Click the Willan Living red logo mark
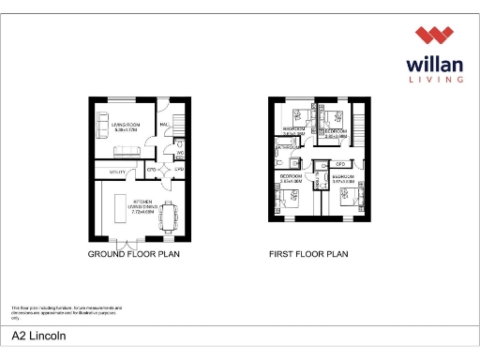(x=435, y=37)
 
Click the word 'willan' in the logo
(x=435, y=65)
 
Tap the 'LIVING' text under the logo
(x=435, y=82)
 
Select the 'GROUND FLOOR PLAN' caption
(x=133, y=254)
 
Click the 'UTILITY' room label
(x=118, y=172)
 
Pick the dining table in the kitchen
(x=170, y=217)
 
